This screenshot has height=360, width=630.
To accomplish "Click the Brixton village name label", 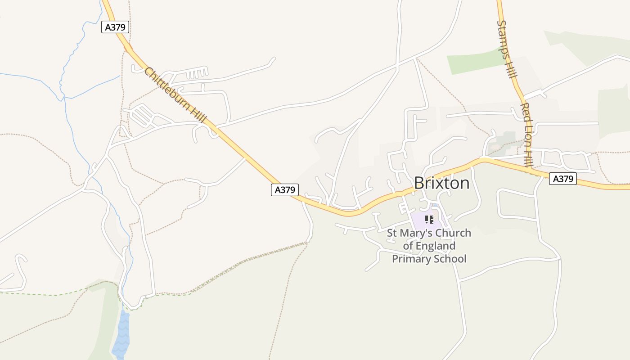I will (441, 183).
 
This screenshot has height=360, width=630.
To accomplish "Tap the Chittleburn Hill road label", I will (175, 95).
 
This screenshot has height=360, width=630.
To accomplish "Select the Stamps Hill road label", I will (506, 49).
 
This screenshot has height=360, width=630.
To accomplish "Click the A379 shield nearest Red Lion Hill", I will (562, 179).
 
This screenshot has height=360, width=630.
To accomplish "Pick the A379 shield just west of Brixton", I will (285, 190).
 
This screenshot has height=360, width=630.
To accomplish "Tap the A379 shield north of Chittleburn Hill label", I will (115, 27).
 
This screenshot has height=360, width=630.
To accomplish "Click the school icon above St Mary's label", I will (429, 220).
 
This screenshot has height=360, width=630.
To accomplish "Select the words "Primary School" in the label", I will (429, 259).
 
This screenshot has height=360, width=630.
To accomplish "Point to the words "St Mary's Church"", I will (429, 233).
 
